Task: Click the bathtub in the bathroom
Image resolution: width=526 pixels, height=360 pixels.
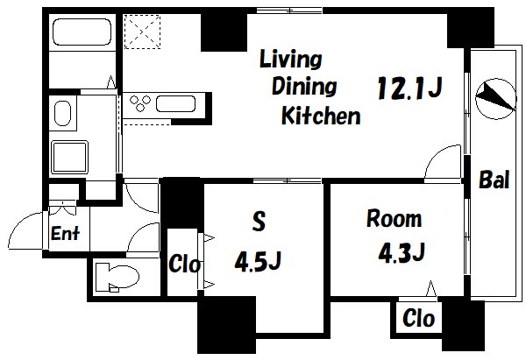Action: click(82, 32)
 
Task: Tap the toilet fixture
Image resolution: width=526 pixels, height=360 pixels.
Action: click(117, 278)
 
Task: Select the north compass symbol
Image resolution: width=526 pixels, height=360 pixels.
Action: click(495, 99)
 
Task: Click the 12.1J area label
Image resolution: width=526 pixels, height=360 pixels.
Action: click(409, 88)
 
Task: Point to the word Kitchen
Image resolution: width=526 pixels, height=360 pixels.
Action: click(321, 116)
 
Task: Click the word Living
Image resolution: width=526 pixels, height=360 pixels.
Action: click(291, 60)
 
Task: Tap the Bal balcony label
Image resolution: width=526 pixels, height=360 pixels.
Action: click(494, 180)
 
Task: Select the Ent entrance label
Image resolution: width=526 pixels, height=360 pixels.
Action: click(65, 233)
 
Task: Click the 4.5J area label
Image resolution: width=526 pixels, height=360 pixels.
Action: click(258, 261)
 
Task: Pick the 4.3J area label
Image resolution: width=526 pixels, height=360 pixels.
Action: click(402, 252)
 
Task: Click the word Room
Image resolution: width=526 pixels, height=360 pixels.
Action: click(394, 219)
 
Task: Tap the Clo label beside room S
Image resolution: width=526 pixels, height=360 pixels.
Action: click(184, 264)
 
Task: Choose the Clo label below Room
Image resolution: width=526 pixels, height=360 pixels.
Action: click(419, 318)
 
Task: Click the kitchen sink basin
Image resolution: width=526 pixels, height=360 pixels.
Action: click(176, 104)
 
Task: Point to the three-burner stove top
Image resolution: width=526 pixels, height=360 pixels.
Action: click(140, 103)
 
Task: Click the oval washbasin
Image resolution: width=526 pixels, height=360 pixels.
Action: click(62, 113)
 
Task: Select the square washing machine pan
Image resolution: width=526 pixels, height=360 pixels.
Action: click(69, 157)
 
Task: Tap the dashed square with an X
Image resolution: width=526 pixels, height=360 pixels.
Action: click(142, 32)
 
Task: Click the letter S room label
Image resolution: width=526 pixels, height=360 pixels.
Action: click(259, 221)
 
